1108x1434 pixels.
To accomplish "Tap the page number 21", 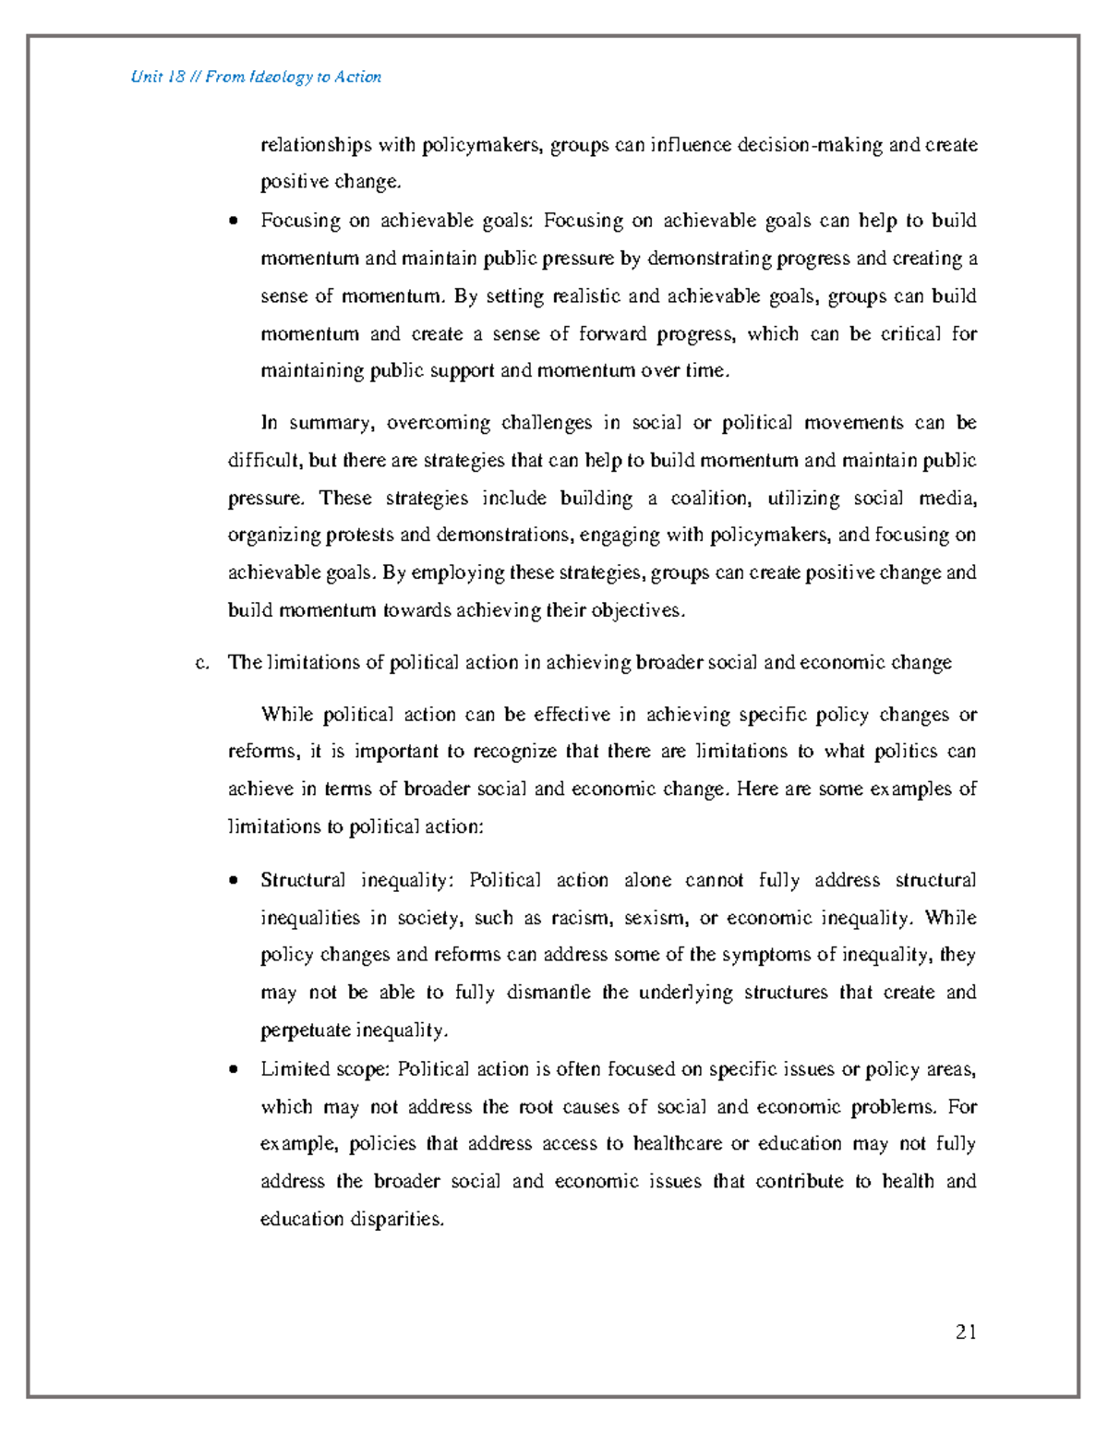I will [966, 1332].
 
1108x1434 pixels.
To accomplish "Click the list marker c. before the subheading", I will [203, 662].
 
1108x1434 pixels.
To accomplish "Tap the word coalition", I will [705, 499].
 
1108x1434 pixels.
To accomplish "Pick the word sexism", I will [656, 918].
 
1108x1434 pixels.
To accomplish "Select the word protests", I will [355, 536].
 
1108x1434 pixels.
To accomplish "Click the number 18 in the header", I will [177, 77].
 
